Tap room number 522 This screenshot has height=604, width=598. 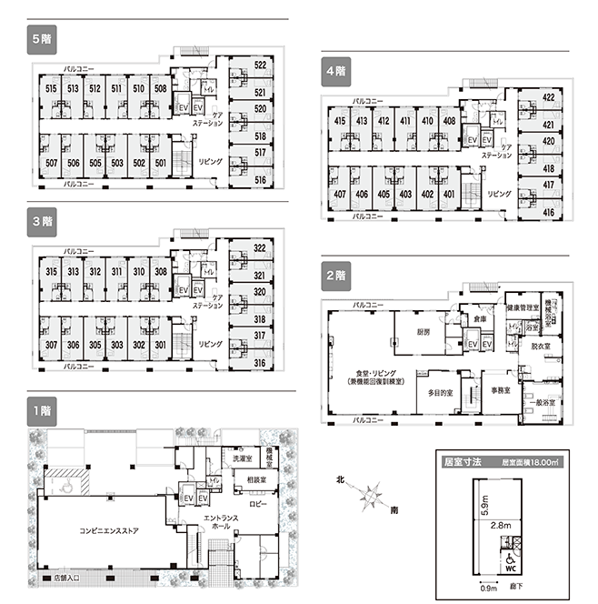260,65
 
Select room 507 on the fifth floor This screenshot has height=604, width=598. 51,163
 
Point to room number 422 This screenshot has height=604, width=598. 549,97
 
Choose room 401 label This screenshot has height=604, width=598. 448,195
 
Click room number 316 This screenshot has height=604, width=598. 260,364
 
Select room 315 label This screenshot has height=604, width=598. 51,272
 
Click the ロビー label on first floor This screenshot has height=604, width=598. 258,503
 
